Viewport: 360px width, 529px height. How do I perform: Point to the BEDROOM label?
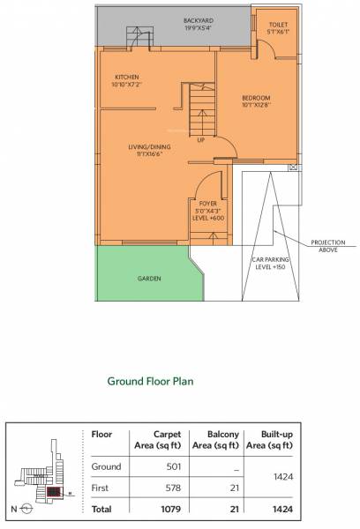256,100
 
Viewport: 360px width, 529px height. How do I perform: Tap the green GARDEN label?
149,278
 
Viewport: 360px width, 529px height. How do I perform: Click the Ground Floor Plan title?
150,382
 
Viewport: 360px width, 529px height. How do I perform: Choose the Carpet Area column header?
167,439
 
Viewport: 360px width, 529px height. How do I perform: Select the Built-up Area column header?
271,439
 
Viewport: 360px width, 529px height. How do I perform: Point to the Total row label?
101,509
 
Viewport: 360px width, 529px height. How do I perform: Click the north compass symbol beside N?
26,509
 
